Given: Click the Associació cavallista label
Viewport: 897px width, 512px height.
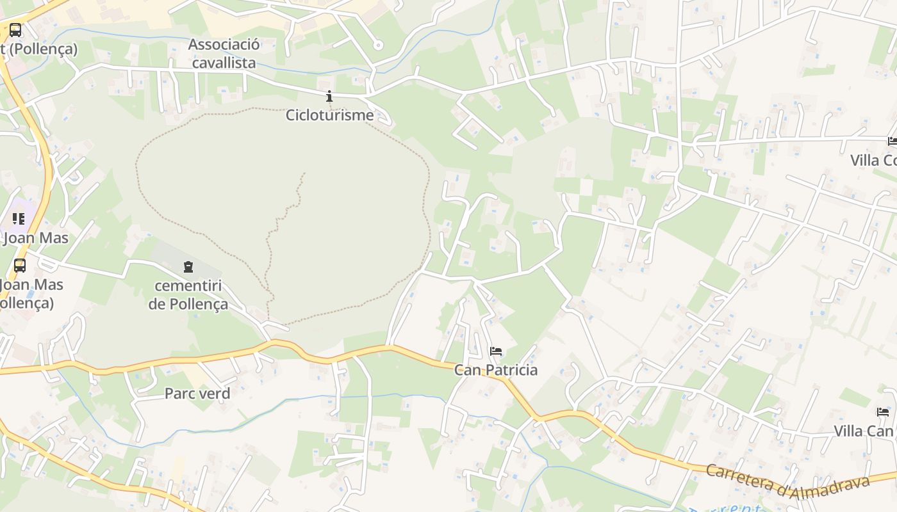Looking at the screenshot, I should pyautogui.click(x=224, y=54).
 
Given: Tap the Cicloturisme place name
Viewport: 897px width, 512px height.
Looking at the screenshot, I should pyautogui.click(x=329, y=115).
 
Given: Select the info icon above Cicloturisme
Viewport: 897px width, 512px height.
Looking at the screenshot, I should pyautogui.click(x=329, y=97).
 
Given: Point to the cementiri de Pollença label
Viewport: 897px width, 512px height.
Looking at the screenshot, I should pyautogui.click(x=188, y=295).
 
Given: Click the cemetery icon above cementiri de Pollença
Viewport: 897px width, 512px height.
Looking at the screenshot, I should pyautogui.click(x=188, y=266).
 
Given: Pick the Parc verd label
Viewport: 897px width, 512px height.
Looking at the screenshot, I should pyautogui.click(x=197, y=394).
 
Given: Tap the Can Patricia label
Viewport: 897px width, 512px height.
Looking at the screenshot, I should pyautogui.click(x=496, y=370).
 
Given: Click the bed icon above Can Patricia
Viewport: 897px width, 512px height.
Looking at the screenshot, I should pyautogui.click(x=496, y=351).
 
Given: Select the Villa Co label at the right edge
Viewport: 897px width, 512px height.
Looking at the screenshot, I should pyautogui.click(x=873, y=160).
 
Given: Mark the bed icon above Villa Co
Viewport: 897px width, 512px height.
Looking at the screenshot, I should pyautogui.click(x=893, y=141).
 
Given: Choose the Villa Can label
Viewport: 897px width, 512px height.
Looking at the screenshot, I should pyautogui.click(x=863, y=431).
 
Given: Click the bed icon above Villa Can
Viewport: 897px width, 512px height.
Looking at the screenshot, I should pyautogui.click(x=883, y=412).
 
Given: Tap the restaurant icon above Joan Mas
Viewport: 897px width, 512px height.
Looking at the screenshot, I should pyautogui.click(x=19, y=219).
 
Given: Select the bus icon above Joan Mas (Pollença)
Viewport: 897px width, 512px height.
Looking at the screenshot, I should pyautogui.click(x=20, y=265).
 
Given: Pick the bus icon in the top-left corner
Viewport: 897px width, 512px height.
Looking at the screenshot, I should pyautogui.click(x=15, y=29).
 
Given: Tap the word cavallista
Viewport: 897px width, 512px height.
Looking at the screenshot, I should pyautogui.click(x=224, y=63).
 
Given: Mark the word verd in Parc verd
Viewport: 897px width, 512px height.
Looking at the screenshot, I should pyautogui.click(x=214, y=394).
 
